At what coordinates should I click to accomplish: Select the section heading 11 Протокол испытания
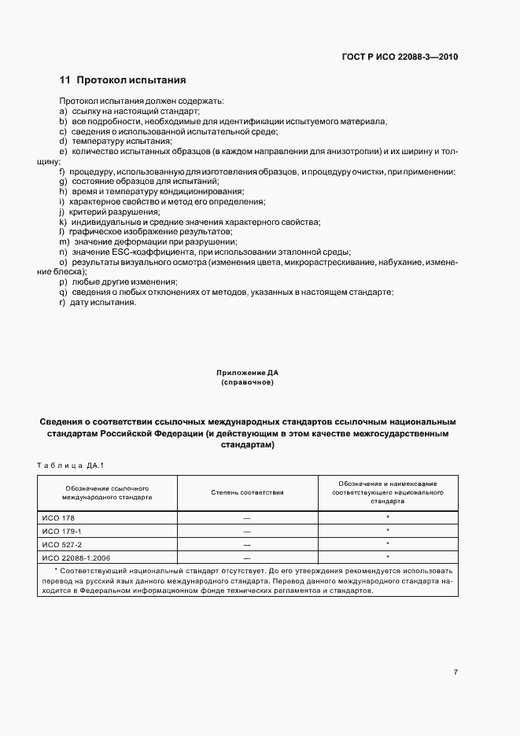point(122,80)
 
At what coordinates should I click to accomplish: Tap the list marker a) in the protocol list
point(62,112)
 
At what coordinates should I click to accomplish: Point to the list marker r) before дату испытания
point(62,303)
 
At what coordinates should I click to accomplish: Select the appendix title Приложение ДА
point(247,372)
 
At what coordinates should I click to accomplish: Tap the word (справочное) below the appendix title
point(247,382)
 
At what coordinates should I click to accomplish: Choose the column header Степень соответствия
point(247,492)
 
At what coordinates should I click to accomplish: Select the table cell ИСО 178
point(57,518)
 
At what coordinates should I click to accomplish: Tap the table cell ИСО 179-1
point(61,531)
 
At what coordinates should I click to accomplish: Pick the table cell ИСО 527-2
point(61,543)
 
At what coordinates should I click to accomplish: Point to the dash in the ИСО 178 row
point(247,518)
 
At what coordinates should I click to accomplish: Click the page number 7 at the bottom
point(455,672)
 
